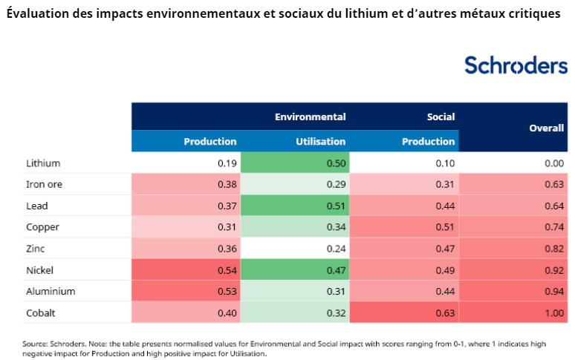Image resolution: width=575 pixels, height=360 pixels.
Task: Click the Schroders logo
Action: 516,65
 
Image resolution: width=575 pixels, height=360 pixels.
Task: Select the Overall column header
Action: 546,128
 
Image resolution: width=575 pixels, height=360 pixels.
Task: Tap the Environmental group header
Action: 310,117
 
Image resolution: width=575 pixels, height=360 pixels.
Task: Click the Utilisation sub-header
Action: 320,141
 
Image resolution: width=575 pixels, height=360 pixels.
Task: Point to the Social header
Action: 441,117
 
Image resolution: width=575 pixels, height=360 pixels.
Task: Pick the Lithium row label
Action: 43,163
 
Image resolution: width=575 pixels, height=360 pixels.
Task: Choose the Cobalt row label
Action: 42,312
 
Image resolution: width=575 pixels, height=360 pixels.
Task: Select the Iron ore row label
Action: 45,184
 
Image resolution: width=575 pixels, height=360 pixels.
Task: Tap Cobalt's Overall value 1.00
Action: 553,312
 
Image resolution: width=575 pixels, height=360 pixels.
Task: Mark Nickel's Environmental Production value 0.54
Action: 226,270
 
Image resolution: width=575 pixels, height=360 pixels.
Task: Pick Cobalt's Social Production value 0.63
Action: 444,312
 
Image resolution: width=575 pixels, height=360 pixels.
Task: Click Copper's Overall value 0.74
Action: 553,227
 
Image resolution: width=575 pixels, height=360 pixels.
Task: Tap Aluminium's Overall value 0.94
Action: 553,291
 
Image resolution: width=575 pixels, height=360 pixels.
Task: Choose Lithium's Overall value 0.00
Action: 553,163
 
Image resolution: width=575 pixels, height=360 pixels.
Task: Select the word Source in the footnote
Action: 35,344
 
